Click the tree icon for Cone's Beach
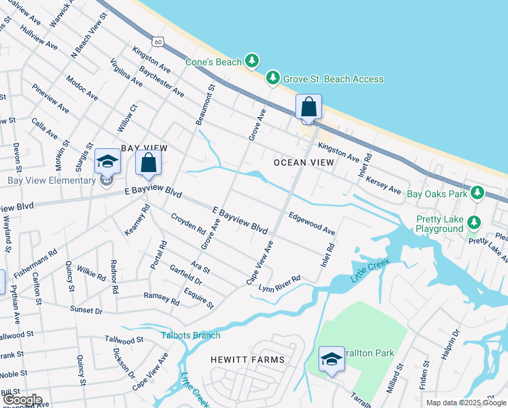click(252, 62)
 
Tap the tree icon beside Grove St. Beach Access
click(273, 79)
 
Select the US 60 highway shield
click(158, 42)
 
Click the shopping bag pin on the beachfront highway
click(308, 107)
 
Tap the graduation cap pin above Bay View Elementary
click(107, 162)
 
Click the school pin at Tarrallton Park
click(331, 360)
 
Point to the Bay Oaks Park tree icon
click(477, 193)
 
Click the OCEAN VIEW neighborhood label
click(304, 163)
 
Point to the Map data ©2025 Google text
click(465, 403)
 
